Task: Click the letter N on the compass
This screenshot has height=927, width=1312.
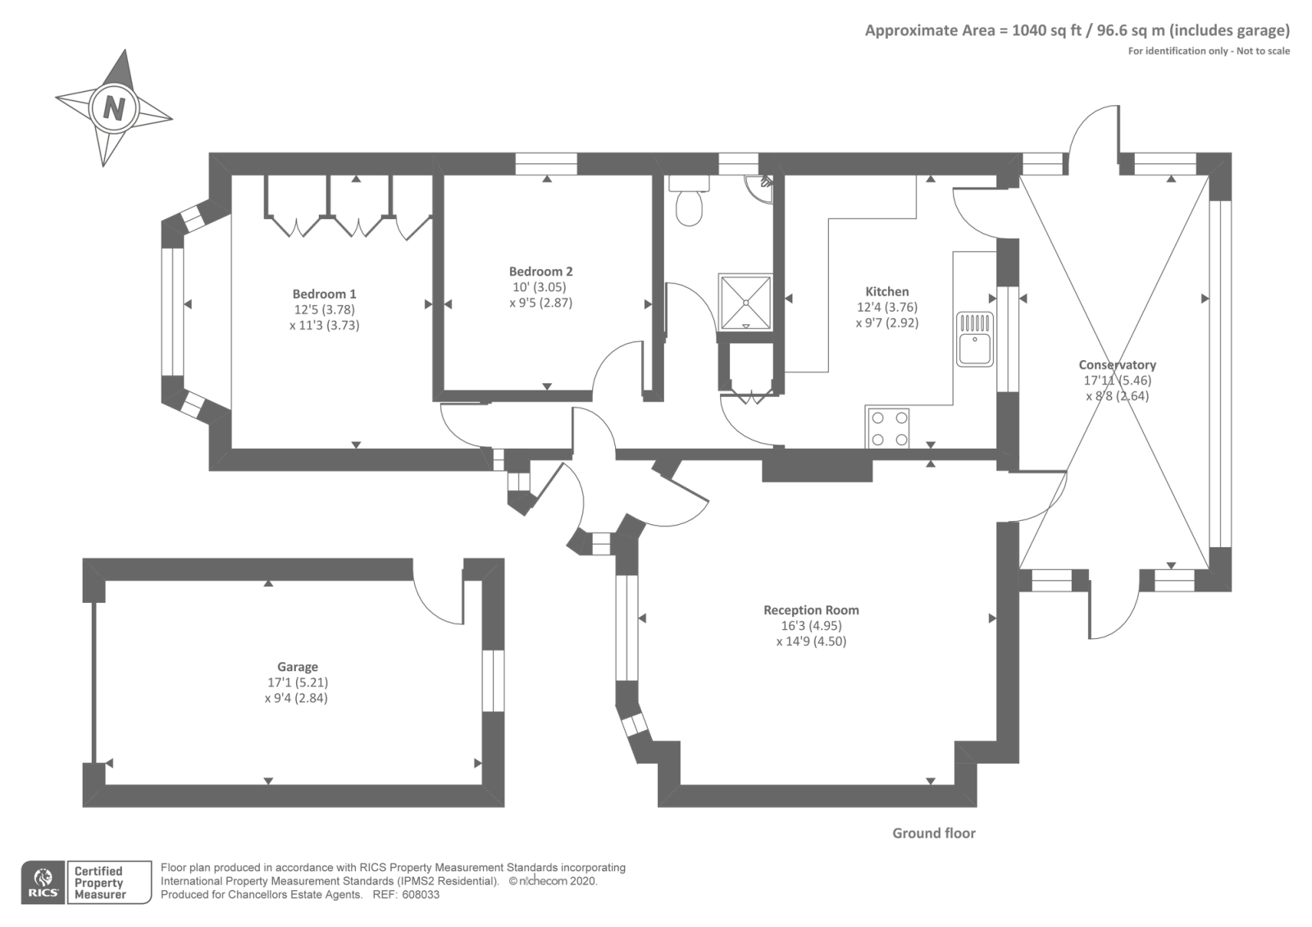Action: (x=114, y=108)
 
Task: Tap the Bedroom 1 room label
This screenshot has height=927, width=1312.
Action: (x=325, y=294)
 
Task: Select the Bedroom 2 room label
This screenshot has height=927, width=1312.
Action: (x=540, y=272)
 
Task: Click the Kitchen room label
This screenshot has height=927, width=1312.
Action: (x=887, y=291)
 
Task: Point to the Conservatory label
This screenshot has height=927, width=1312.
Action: (x=1118, y=364)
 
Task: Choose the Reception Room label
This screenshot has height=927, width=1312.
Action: (x=811, y=610)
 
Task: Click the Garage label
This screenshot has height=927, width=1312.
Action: (x=298, y=667)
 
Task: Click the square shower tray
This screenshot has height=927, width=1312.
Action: (x=745, y=303)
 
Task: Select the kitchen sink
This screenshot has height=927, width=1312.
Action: (x=975, y=340)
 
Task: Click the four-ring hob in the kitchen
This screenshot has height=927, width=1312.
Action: (x=886, y=428)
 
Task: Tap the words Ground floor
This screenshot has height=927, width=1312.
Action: (x=934, y=833)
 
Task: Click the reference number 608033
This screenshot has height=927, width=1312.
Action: (x=421, y=895)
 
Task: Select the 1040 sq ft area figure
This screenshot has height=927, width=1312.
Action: (x=1046, y=30)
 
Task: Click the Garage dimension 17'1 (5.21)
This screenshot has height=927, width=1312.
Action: (x=298, y=682)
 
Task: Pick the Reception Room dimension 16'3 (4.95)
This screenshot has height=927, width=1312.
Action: (x=811, y=625)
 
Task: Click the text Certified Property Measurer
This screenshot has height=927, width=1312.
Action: (x=99, y=883)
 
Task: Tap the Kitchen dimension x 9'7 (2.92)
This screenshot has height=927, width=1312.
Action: (x=887, y=322)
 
